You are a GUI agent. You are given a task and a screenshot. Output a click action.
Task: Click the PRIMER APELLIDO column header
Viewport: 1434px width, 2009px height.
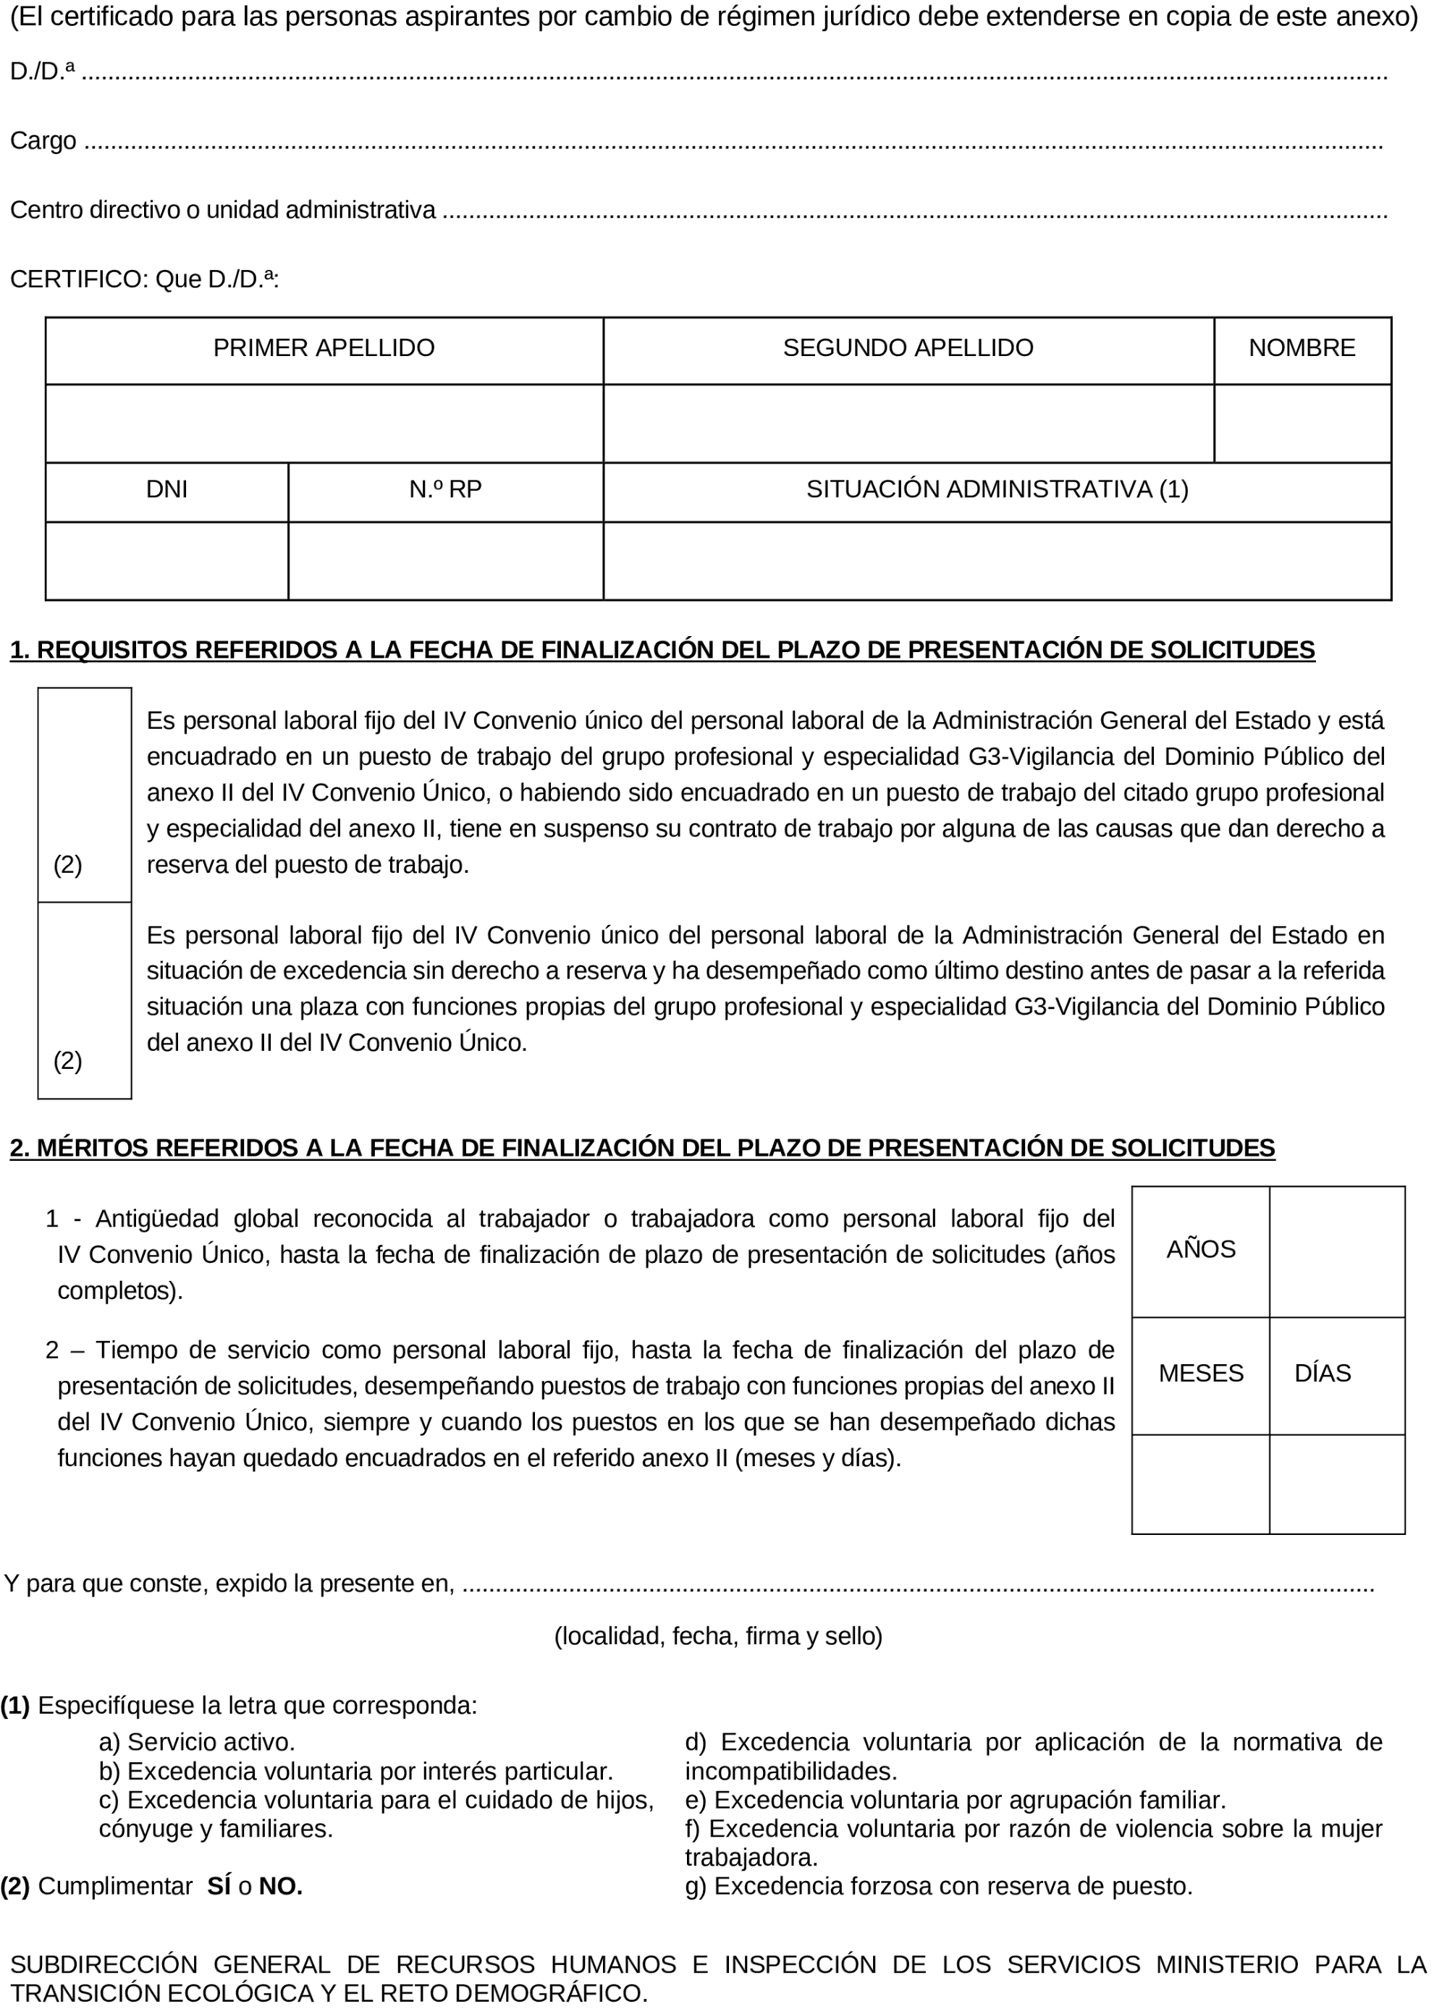pos(324,349)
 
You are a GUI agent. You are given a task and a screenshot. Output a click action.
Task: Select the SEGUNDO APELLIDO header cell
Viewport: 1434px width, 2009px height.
pos(908,349)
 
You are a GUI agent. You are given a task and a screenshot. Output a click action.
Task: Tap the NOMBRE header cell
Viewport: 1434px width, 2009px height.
pos(1302,349)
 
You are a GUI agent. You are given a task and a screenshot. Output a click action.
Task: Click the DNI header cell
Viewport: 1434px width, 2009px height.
pos(167,490)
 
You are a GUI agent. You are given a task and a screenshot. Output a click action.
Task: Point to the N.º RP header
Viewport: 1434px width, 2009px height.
pos(445,490)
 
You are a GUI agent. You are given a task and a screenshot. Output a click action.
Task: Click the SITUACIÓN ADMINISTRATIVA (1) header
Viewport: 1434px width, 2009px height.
pos(997,490)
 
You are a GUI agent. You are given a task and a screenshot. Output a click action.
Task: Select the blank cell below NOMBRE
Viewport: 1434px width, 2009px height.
pos(1302,423)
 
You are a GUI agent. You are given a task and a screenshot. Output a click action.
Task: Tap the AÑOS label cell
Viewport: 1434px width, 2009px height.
pos(1200,1250)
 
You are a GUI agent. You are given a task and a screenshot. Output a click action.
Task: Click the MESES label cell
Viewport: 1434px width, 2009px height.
pos(1200,1374)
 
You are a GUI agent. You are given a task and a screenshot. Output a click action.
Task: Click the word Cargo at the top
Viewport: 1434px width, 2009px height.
pos(43,141)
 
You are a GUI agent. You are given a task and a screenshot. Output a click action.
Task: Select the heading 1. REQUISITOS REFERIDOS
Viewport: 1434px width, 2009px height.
pos(662,651)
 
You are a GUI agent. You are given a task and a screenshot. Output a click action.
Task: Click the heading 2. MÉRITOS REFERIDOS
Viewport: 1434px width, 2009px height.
pos(642,1149)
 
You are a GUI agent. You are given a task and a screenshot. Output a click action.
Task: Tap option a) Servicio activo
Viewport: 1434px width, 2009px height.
pos(197,1743)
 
